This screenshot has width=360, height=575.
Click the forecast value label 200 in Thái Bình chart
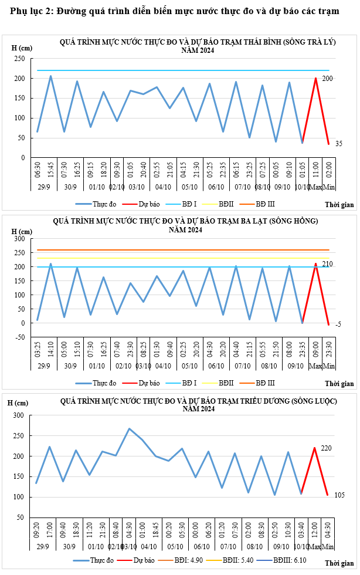tap(327, 79)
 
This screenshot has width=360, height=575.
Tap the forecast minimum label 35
tap(338, 144)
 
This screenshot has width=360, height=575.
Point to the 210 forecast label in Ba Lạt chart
tap(327, 264)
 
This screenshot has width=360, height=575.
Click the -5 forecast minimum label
tap(338, 324)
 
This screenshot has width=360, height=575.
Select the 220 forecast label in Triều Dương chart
tap(327, 448)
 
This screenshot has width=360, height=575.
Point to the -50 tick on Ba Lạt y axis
tap(19, 337)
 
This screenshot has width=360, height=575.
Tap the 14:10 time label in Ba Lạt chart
tap(51, 351)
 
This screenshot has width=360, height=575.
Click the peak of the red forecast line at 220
tap(315, 448)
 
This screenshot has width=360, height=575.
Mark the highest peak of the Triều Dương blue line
tap(129, 428)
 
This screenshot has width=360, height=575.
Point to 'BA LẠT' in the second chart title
tap(255, 221)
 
